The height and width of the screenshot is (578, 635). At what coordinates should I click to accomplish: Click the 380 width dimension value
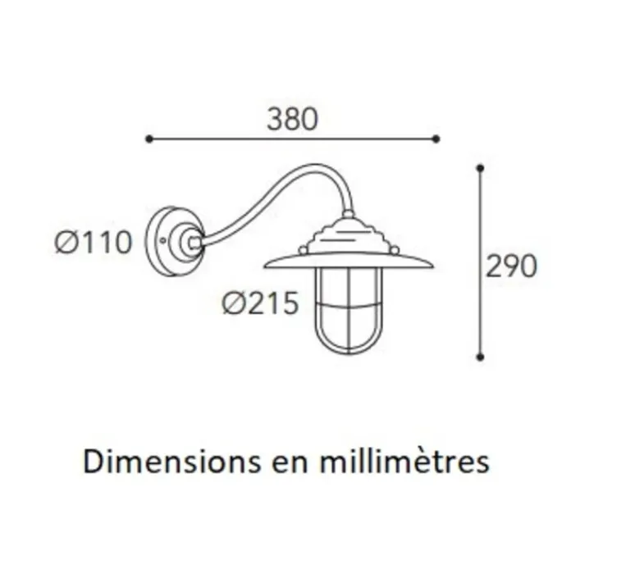pyautogui.click(x=291, y=120)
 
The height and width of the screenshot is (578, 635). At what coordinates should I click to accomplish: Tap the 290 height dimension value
pyautogui.click(x=510, y=266)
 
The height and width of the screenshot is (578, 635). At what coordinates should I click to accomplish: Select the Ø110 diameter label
pyautogui.click(x=94, y=243)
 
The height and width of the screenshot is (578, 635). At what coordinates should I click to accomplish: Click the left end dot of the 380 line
pyautogui.click(x=148, y=139)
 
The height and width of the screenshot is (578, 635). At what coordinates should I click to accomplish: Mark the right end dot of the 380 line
pyautogui.click(x=436, y=139)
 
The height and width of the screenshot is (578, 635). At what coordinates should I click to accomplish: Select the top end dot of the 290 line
pyautogui.click(x=480, y=168)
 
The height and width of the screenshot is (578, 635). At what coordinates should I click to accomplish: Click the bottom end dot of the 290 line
pyautogui.click(x=480, y=357)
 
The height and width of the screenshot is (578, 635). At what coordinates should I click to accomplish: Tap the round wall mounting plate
pyautogui.click(x=170, y=240)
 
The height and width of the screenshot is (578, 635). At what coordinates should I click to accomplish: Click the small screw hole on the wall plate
pyautogui.click(x=165, y=241)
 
